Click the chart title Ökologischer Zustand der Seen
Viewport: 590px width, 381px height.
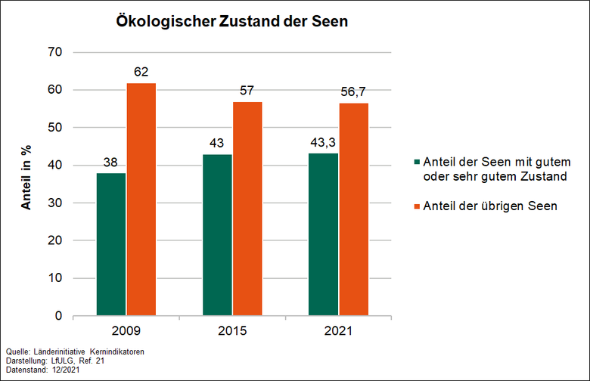[231, 22]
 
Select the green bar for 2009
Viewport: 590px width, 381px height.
[111, 244]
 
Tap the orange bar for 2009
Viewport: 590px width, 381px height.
[141, 200]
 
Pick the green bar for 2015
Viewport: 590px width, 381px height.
[217, 235]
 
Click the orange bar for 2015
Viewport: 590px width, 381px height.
[247, 209]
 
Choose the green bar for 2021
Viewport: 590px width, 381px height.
[323, 234]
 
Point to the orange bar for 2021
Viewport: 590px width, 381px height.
[353, 209]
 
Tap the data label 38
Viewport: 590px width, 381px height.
[111, 163]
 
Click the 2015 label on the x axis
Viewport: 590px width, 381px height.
[232, 331]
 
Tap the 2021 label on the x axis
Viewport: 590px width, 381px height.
[338, 331]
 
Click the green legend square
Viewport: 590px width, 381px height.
[416, 163]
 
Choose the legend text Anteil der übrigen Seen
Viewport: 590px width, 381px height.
[489, 206]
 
